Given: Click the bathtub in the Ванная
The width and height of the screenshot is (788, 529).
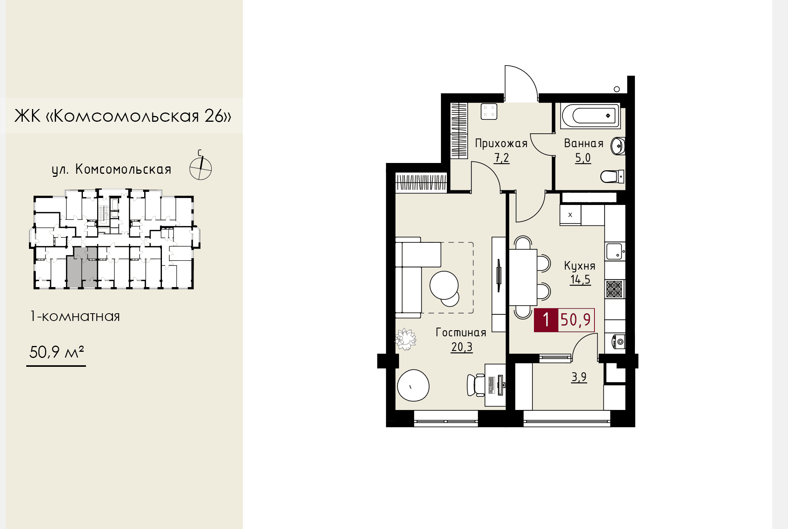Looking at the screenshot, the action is coord(591,116).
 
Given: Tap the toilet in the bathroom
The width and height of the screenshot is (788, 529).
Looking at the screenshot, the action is coord(613,176).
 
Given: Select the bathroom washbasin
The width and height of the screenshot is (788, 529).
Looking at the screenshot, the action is coord(618,146).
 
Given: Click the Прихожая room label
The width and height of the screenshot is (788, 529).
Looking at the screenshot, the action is coord(501,144).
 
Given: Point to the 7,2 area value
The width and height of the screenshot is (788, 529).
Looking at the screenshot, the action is coord(502,158).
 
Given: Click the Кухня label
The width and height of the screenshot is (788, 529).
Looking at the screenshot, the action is coord(580,265).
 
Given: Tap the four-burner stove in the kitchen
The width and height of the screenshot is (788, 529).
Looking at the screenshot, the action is coord(615,289).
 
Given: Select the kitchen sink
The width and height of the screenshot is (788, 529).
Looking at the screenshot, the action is coord(615,252).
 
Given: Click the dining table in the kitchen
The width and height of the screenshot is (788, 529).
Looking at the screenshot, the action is coord(523,277).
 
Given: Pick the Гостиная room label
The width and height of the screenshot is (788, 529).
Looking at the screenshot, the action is coord(461,333).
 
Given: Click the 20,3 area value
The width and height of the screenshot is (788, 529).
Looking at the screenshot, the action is coord(462,347).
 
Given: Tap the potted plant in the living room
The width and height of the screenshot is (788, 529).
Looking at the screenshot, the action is coord(405,339).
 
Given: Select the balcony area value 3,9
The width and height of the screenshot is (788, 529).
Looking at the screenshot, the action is coord(579,377).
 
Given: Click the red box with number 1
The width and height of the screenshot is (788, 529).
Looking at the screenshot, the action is coord(546,320).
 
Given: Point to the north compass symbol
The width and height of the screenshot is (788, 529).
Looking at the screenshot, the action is coord(200,166).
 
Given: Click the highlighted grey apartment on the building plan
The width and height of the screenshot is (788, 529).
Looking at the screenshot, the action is coord(82,267).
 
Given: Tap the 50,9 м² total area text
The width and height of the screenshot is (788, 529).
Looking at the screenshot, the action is coord(57,352).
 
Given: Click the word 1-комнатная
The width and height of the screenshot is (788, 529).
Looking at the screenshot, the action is coord(75,316).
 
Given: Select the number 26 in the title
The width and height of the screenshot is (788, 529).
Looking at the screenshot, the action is coord(214,116).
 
